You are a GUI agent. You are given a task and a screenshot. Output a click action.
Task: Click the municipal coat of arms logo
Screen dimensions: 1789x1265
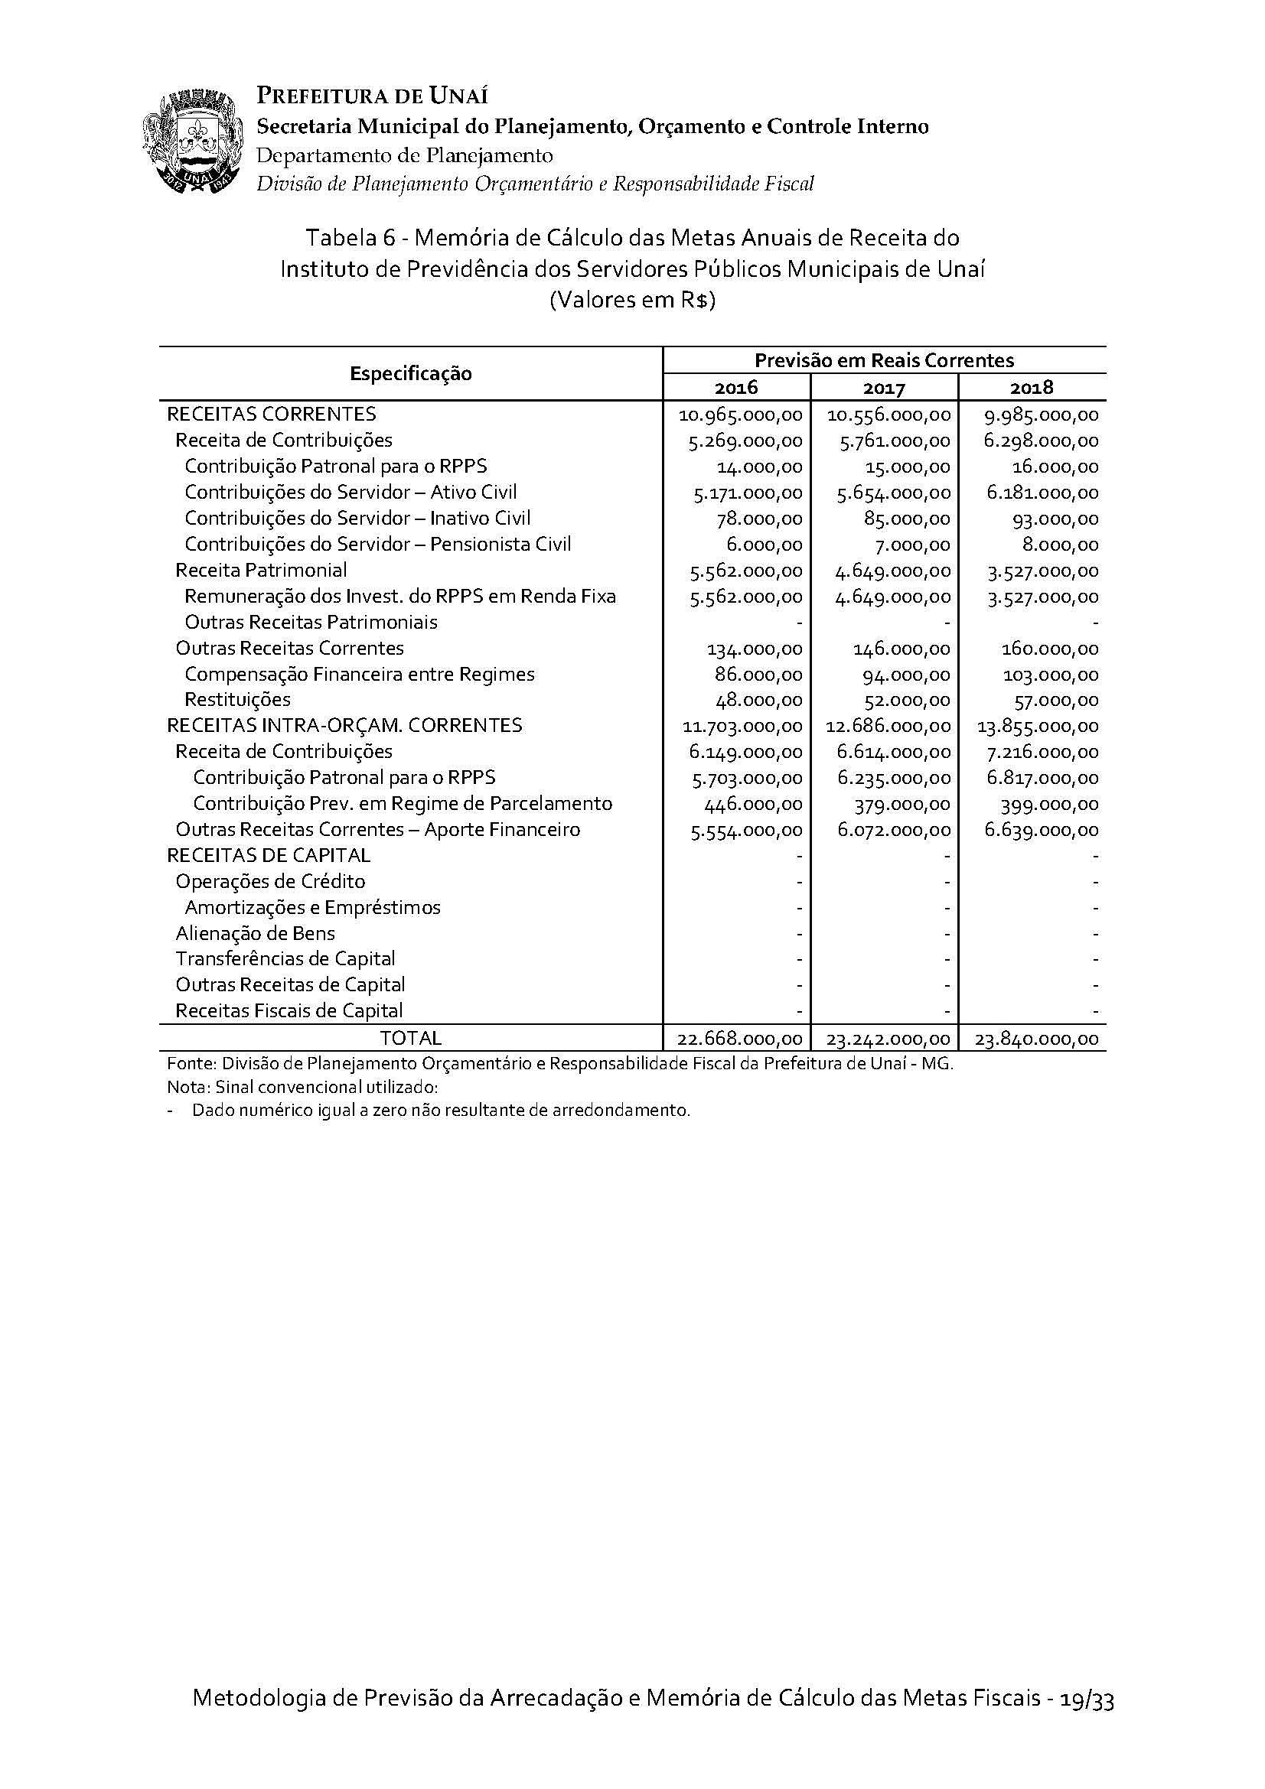[x=189, y=141]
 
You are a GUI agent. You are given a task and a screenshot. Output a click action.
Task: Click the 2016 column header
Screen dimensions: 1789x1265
[x=735, y=387]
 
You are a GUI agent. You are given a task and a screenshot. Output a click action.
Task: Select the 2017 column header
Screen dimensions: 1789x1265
[x=884, y=387]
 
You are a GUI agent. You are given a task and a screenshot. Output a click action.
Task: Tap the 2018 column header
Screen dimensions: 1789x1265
[x=1031, y=387]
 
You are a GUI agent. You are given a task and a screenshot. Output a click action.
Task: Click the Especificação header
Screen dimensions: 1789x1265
[x=411, y=373]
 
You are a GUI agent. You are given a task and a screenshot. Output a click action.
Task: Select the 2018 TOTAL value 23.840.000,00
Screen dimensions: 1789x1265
[x=1039, y=1038]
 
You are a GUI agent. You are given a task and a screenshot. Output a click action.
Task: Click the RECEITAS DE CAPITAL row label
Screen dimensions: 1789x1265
[x=268, y=855]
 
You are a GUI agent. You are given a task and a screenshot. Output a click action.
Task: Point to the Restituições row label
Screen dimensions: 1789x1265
[x=237, y=699]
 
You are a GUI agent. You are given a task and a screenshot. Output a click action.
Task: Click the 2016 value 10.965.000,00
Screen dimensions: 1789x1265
[x=741, y=415]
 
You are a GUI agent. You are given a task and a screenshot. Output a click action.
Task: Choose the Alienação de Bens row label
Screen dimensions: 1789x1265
[x=255, y=932]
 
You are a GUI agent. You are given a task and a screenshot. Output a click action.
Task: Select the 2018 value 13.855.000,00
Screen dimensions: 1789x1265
[x=1038, y=726]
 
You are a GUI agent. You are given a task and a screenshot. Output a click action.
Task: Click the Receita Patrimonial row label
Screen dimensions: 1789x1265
[x=261, y=570]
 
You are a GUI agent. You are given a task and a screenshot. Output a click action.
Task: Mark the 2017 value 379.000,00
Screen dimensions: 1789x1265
[x=906, y=803]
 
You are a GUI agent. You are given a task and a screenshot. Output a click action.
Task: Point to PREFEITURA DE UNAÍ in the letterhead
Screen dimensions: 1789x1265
[x=373, y=96]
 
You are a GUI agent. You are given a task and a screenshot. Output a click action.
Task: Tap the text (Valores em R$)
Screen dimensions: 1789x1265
[x=632, y=301]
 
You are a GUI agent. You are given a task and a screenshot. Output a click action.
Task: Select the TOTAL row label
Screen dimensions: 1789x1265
[x=410, y=1038]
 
